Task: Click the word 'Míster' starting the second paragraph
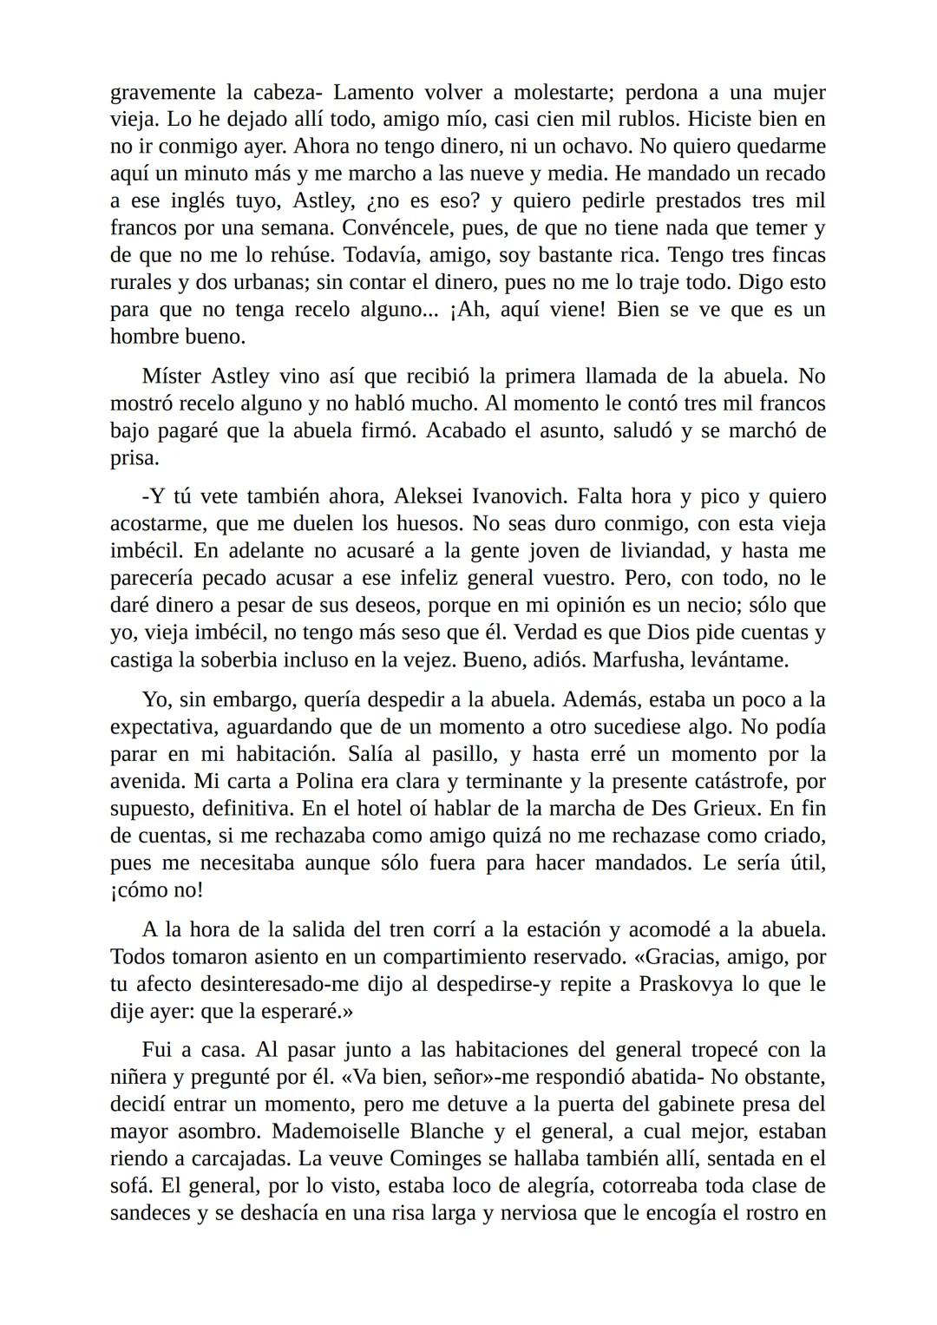click(x=171, y=377)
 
